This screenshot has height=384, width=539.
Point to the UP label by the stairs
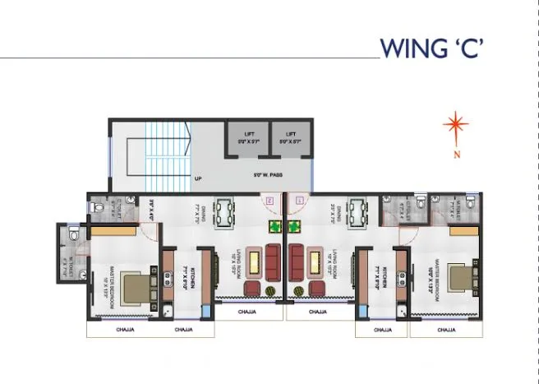(198, 178)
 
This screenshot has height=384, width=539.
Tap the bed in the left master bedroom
(136, 289)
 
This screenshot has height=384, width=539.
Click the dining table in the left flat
(223, 214)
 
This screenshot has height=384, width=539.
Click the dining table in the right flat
(357, 214)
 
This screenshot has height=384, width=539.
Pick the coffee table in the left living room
(256, 262)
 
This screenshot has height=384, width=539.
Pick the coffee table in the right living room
(313, 262)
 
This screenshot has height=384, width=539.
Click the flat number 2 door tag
(270, 198)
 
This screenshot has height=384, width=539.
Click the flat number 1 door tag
(299, 198)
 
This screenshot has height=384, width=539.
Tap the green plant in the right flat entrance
(294, 225)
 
